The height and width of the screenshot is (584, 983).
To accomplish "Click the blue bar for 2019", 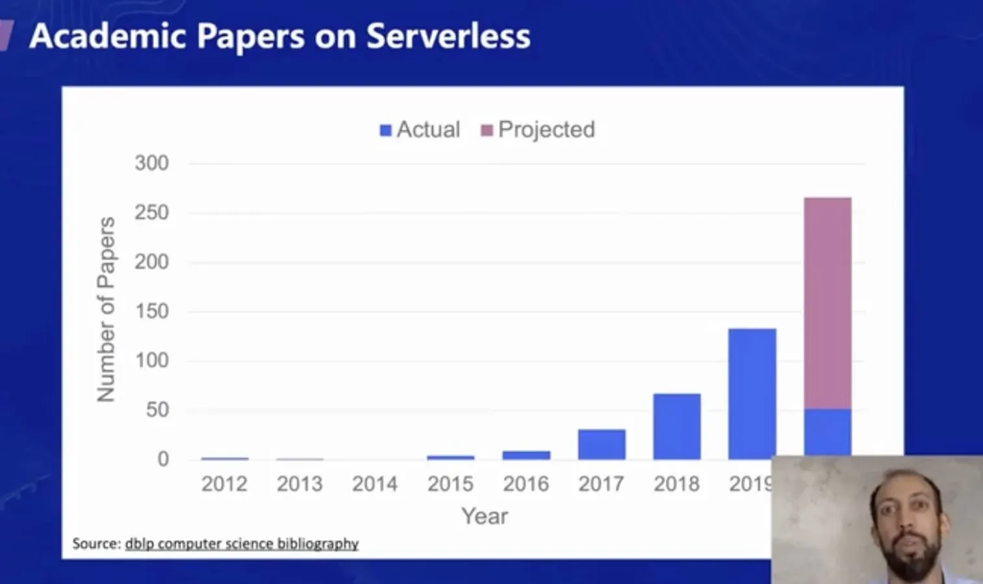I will coord(752,394).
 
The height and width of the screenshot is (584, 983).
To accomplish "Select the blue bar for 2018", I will coord(676,426).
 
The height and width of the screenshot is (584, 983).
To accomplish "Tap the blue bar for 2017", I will coord(602,444).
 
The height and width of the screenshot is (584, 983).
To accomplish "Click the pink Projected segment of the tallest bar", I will coord(827,303).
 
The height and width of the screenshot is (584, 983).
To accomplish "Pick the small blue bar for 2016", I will coord(526,455).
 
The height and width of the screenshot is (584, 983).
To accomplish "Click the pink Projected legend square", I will coord(487,131).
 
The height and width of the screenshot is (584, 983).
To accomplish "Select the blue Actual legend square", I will coord(385,131).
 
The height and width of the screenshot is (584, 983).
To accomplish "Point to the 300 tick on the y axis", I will coord(151,163).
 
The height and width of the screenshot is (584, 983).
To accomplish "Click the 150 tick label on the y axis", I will coord(151,311).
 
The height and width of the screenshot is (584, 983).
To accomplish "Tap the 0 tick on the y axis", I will coord(162,459).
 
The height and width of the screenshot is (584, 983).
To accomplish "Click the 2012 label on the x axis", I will coord(224,484).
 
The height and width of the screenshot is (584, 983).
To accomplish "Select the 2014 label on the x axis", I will coord(375,484).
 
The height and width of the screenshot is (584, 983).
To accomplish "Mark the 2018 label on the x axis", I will coord(676,484).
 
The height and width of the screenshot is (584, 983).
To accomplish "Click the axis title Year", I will coord(484,516).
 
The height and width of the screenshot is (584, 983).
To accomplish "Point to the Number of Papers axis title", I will coord(106,310).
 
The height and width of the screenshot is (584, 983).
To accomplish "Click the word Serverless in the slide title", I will coord(448,36).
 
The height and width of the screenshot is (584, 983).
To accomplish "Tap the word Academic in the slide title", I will coord(108,36).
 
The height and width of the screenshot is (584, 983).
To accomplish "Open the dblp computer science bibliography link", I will coord(242,544).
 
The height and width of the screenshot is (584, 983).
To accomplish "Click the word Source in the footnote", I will coord(96,544).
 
